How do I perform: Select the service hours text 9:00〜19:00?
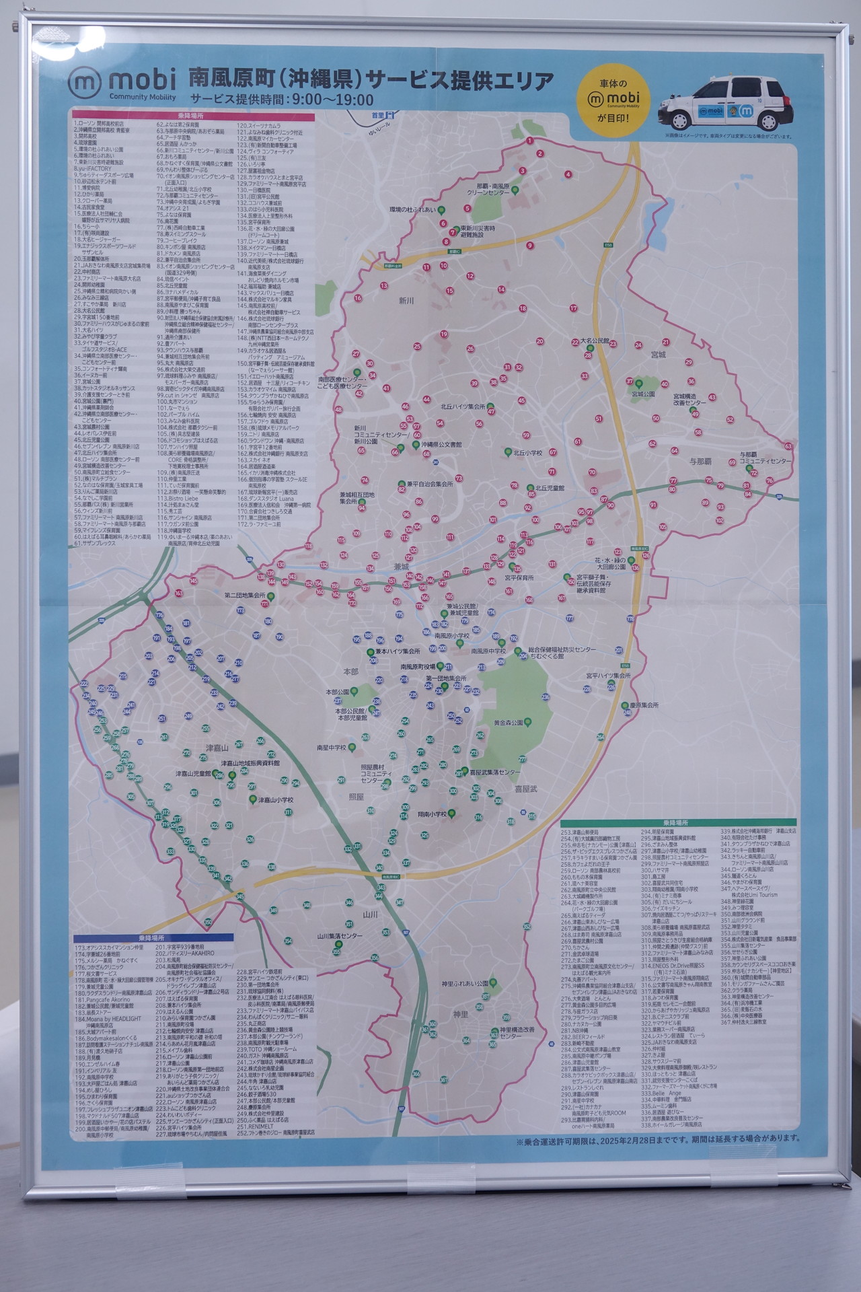330,100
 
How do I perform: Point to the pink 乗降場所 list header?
193,116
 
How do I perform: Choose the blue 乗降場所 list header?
154,937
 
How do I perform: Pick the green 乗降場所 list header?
678,823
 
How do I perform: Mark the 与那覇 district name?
700,461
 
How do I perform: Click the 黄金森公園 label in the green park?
509,723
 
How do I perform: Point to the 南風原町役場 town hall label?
417,666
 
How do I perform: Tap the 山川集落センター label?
340,936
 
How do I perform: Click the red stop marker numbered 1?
530,141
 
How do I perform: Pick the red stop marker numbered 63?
788,446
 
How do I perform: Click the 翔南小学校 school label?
432,814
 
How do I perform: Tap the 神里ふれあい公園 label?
464,984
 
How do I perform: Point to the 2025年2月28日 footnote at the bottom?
659,1139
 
